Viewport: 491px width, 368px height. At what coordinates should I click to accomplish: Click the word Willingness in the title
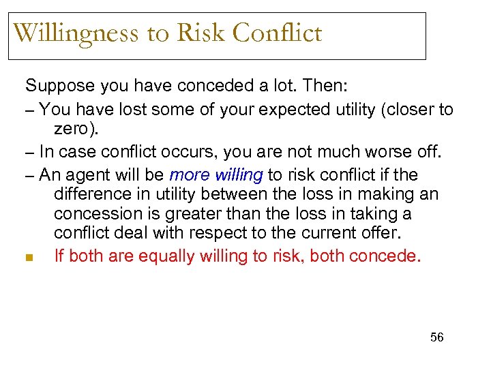pos(76,33)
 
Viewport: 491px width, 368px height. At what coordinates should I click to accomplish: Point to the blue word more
pos(187,175)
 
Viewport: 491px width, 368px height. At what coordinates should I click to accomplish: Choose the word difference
pos(92,194)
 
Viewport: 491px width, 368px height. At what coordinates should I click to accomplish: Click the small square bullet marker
pos(29,257)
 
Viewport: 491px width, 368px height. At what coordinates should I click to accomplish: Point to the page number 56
pos(436,337)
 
